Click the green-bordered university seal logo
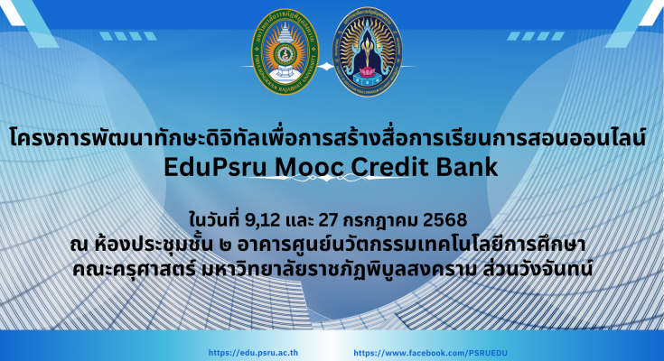[285, 51]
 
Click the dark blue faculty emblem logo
[367, 51]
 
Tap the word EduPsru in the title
[215, 167]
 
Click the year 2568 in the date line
[445, 220]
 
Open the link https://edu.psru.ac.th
[253, 353]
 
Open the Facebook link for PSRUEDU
[430, 353]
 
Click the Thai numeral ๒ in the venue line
[226, 245]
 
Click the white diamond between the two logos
[325, 67]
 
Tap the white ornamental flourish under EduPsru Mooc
[327, 178]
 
